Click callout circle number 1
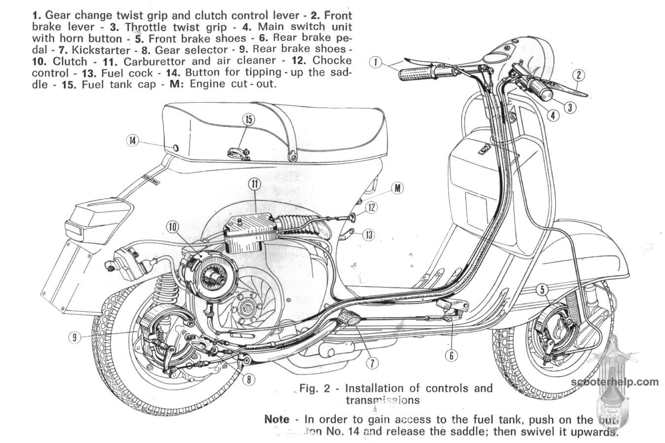(376, 62)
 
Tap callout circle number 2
(579, 75)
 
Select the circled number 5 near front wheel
(542, 290)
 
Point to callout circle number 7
(372, 363)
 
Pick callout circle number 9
(74, 338)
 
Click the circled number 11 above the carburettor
(254, 185)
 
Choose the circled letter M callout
(398, 188)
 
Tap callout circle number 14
(132, 140)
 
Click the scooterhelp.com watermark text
(615, 381)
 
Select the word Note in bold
(277, 419)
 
